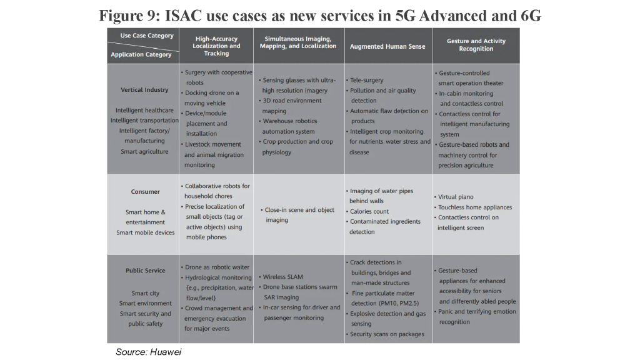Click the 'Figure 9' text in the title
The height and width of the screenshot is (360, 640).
(129, 16)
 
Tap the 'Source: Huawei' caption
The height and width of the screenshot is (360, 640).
(149, 352)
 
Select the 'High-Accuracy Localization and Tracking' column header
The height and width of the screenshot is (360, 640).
(216, 46)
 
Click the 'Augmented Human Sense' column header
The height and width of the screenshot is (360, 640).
(387, 46)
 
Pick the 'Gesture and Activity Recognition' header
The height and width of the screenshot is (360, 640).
(476, 45)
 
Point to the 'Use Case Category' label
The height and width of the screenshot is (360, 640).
(147, 36)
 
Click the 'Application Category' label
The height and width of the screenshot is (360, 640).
(141, 54)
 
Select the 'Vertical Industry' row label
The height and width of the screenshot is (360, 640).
(144, 90)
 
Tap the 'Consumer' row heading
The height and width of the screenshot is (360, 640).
(145, 191)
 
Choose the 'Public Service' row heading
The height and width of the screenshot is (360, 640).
(145, 270)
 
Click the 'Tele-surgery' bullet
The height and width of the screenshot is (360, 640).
(365, 80)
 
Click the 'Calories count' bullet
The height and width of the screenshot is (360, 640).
(367, 211)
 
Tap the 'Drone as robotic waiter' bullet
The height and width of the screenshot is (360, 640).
(215, 267)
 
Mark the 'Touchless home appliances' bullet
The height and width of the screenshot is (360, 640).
(473, 207)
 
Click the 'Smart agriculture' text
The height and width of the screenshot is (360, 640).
(144, 151)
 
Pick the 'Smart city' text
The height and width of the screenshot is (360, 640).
(145, 293)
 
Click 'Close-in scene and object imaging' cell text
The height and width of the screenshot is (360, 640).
(297, 215)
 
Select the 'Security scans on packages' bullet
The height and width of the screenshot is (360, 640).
(385, 334)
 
